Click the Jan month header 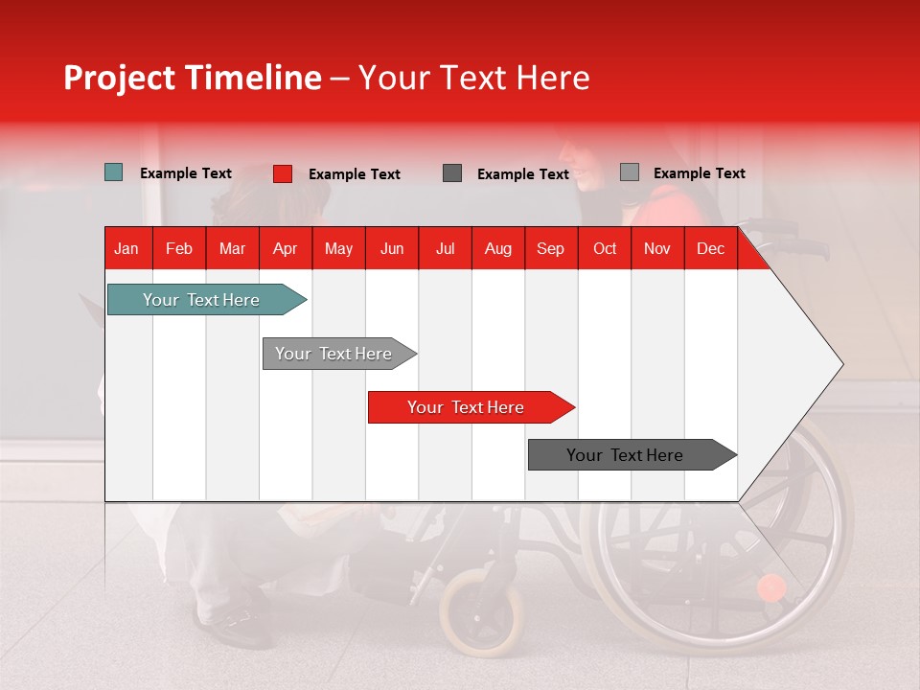pyautogui.click(x=126, y=248)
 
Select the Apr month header pyautogui.click(x=285, y=248)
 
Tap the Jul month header pyautogui.click(x=445, y=248)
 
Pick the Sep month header pyautogui.click(x=550, y=248)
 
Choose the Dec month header pyautogui.click(x=710, y=248)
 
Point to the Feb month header pyautogui.click(x=179, y=248)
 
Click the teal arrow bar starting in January pyautogui.click(x=201, y=300)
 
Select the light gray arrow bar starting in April pyautogui.click(x=333, y=354)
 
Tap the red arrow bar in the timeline pyautogui.click(x=466, y=407)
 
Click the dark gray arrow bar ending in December pyautogui.click(x=625, y=455)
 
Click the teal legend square pyautogui.click(x=114, y=172)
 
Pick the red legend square pyautogui.click(x=283, y=173)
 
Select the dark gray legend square pyautogui.click(x=452, y=173)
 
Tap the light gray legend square pyautogui.click(x=630, y=172)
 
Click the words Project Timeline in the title pyautogui.click(x=192, y=78)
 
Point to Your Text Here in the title pyautogui.click(x=474, y=78)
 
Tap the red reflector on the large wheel pyautogui.click(x=771, y=587)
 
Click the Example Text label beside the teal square pyautogui.click(x=186, y=173)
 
